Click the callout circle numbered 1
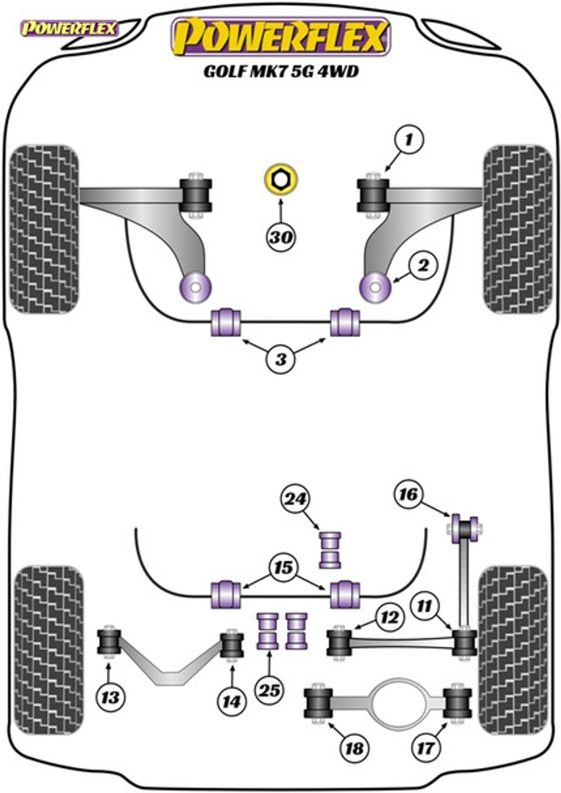[x=409, y=139]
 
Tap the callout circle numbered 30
[x=281, y=237]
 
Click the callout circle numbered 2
[x=423, y=265]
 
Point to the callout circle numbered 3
[x=281, y=359]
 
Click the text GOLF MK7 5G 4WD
[x=281, y=71]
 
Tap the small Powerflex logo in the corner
[x=69, y=29]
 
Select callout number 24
[x=295, y=500]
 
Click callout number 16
[x=409, y=494]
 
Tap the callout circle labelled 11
[x=424, y=606]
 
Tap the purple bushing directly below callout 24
[x=330, y=550]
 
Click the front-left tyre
[x=44, y=230]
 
